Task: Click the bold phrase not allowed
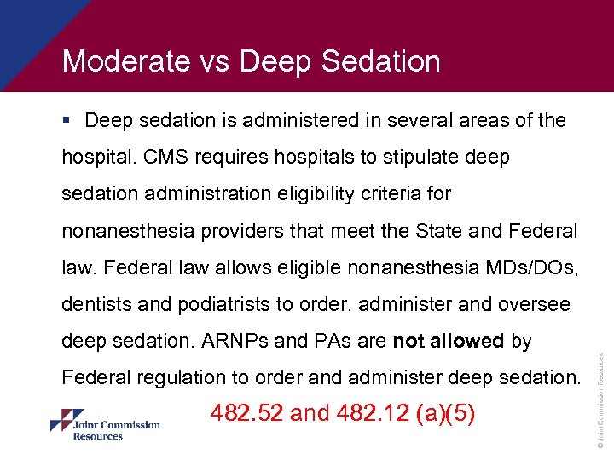[449, 341]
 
